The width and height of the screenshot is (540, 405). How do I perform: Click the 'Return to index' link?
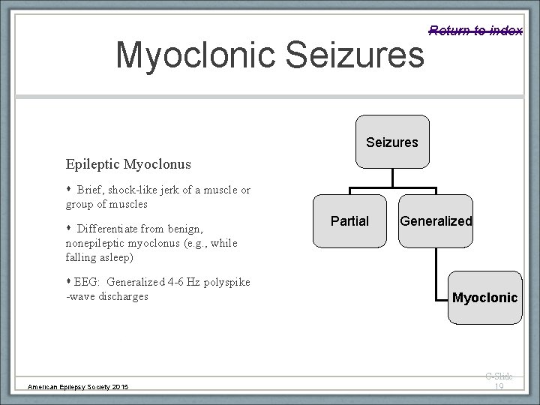point(475,30)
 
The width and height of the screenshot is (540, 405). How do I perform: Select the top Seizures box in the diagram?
point(392,142)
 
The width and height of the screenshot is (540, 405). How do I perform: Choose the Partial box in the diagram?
point(350,221)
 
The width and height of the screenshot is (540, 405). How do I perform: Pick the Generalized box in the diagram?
point(436,221)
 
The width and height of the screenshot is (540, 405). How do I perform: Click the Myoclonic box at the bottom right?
point(484,298)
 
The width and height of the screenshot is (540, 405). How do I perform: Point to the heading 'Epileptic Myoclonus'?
point(128,163)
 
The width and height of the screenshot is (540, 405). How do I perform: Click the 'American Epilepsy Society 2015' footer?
point(78,386)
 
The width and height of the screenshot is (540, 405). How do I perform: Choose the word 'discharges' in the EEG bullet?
point(123,296)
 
